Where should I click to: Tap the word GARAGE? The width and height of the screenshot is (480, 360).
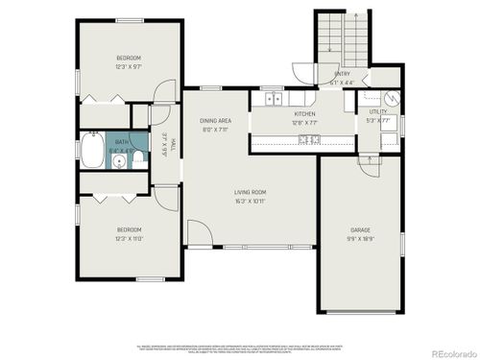(x=360, y=230)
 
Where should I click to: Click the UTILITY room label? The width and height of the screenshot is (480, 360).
(x=378, y=112)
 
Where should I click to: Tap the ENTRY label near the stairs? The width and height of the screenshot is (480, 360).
(x=342, y=74)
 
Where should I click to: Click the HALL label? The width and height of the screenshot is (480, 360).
(x=173, y=145)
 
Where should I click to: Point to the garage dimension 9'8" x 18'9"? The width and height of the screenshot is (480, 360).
(x=360, y=238)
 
